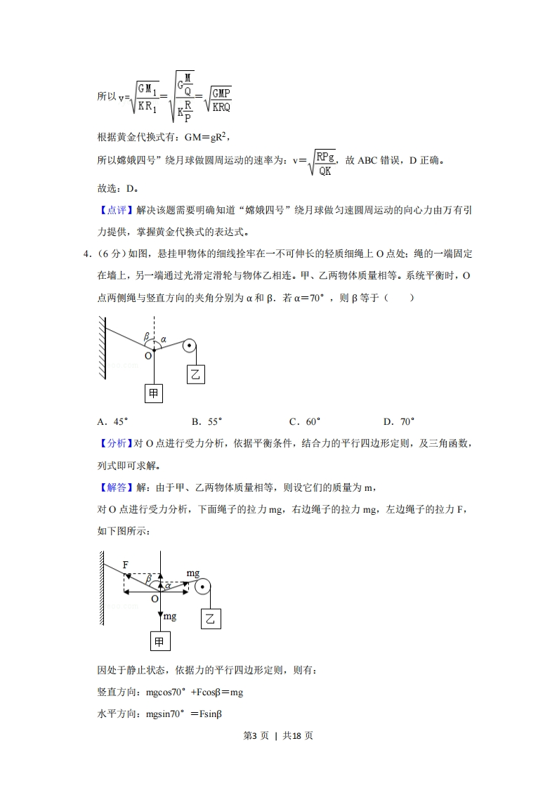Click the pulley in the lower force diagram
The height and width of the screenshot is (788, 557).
(202, 589)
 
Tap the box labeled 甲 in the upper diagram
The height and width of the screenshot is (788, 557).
(154, 393)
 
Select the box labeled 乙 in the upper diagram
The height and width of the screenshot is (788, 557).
(196, 375)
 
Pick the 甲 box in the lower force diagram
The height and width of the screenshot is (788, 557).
(160, 641)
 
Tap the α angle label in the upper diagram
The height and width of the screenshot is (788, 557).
(164, 339)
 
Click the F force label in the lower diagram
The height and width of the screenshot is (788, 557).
(125, 565)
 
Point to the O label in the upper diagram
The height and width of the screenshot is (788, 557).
(148, 356)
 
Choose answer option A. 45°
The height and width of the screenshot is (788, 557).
(112, 421)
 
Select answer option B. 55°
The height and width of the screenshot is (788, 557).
(207, 421)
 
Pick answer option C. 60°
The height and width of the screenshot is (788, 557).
(304, 421)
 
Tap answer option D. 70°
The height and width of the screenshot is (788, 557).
(398, 421)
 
